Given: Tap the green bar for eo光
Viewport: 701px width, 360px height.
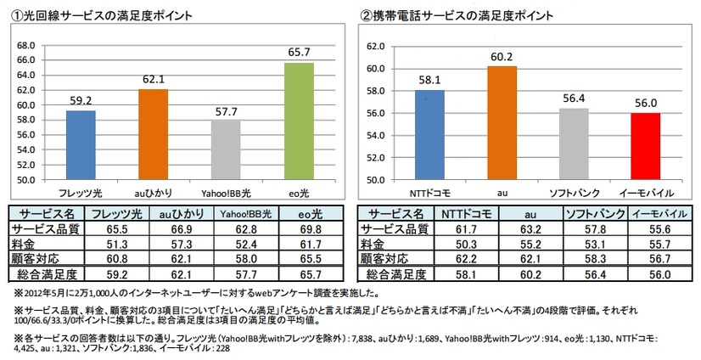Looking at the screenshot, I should click(x=298, y=121).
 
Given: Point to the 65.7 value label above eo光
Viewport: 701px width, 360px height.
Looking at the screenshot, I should click(x=298, y=53).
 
